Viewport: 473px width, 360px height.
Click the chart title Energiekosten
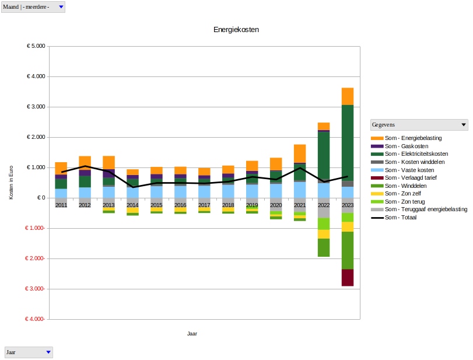236,30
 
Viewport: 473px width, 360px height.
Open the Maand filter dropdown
61,6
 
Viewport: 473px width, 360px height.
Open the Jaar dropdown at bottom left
48,352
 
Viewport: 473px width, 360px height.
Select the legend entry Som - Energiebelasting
413,138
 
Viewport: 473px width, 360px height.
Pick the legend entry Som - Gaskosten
407,146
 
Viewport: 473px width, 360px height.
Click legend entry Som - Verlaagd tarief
411,177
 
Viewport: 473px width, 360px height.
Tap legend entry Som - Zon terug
407,201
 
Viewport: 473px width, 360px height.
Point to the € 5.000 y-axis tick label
36,46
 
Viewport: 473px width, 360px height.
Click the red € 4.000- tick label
36,319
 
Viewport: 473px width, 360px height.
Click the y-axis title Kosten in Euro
11,183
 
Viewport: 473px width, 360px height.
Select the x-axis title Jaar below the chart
192,334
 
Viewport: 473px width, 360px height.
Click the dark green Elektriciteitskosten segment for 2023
348,142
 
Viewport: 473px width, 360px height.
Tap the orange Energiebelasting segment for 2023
348,96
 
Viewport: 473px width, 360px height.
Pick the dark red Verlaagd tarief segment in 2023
348,277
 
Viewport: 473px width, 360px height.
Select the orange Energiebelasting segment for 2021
300,153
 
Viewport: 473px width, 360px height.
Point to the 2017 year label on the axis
204,205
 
